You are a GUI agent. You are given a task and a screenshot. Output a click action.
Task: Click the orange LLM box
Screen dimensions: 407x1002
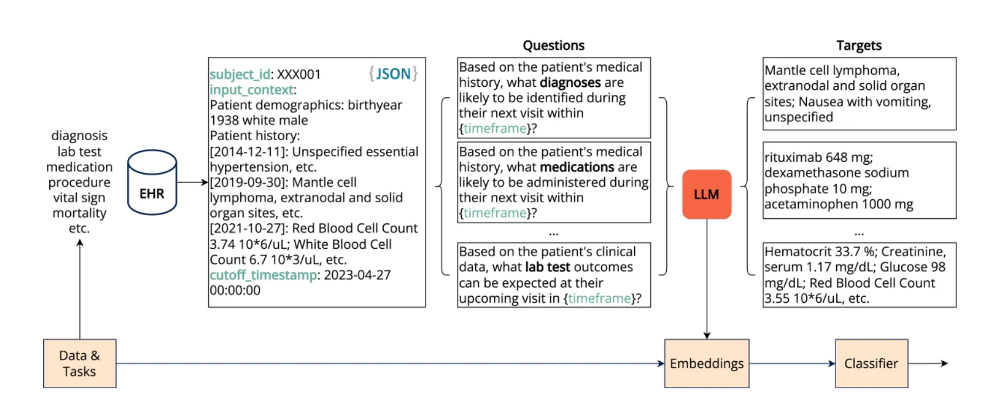pyautogui.click(x=706, y=194)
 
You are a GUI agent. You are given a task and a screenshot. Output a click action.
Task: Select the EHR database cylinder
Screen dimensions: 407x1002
pyautogui.click(x=152, y=183)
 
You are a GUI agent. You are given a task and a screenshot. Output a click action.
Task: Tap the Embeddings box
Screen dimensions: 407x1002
pyautogui.click(x=706, y=364)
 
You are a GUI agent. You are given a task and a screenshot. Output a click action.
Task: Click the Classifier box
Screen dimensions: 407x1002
pyautogui.click(x=871, y=364)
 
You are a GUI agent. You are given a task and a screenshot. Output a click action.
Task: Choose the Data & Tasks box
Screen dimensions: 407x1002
pyautogui.click(x=80, y=364)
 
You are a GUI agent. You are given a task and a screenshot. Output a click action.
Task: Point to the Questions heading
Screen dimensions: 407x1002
pyautogui.click(x=553, y=46)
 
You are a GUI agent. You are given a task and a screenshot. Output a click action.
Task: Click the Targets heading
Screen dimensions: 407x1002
pyautogui.click(x=858, y=46)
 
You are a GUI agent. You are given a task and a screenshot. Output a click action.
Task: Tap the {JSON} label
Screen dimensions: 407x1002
pyautogui.click(x=393, y=74)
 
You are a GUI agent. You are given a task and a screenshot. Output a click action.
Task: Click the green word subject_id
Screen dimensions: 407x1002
pyautogui.click(x=240, y=74)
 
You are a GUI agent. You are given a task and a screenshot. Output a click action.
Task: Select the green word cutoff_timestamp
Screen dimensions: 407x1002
pyautogui.click(x=263, y=275)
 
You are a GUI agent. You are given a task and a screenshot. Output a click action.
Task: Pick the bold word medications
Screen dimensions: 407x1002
pyautogui.click(x=577, y=167)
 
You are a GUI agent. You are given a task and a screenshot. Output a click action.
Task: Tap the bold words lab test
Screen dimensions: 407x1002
pyautogui.click(x=547, y=267)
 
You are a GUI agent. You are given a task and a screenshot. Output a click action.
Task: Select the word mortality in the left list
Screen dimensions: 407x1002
pyautogui.click(x=79, y=213)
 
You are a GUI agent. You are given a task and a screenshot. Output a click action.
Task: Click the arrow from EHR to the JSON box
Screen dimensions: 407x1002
pyautogui.click(x=192, y=182)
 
